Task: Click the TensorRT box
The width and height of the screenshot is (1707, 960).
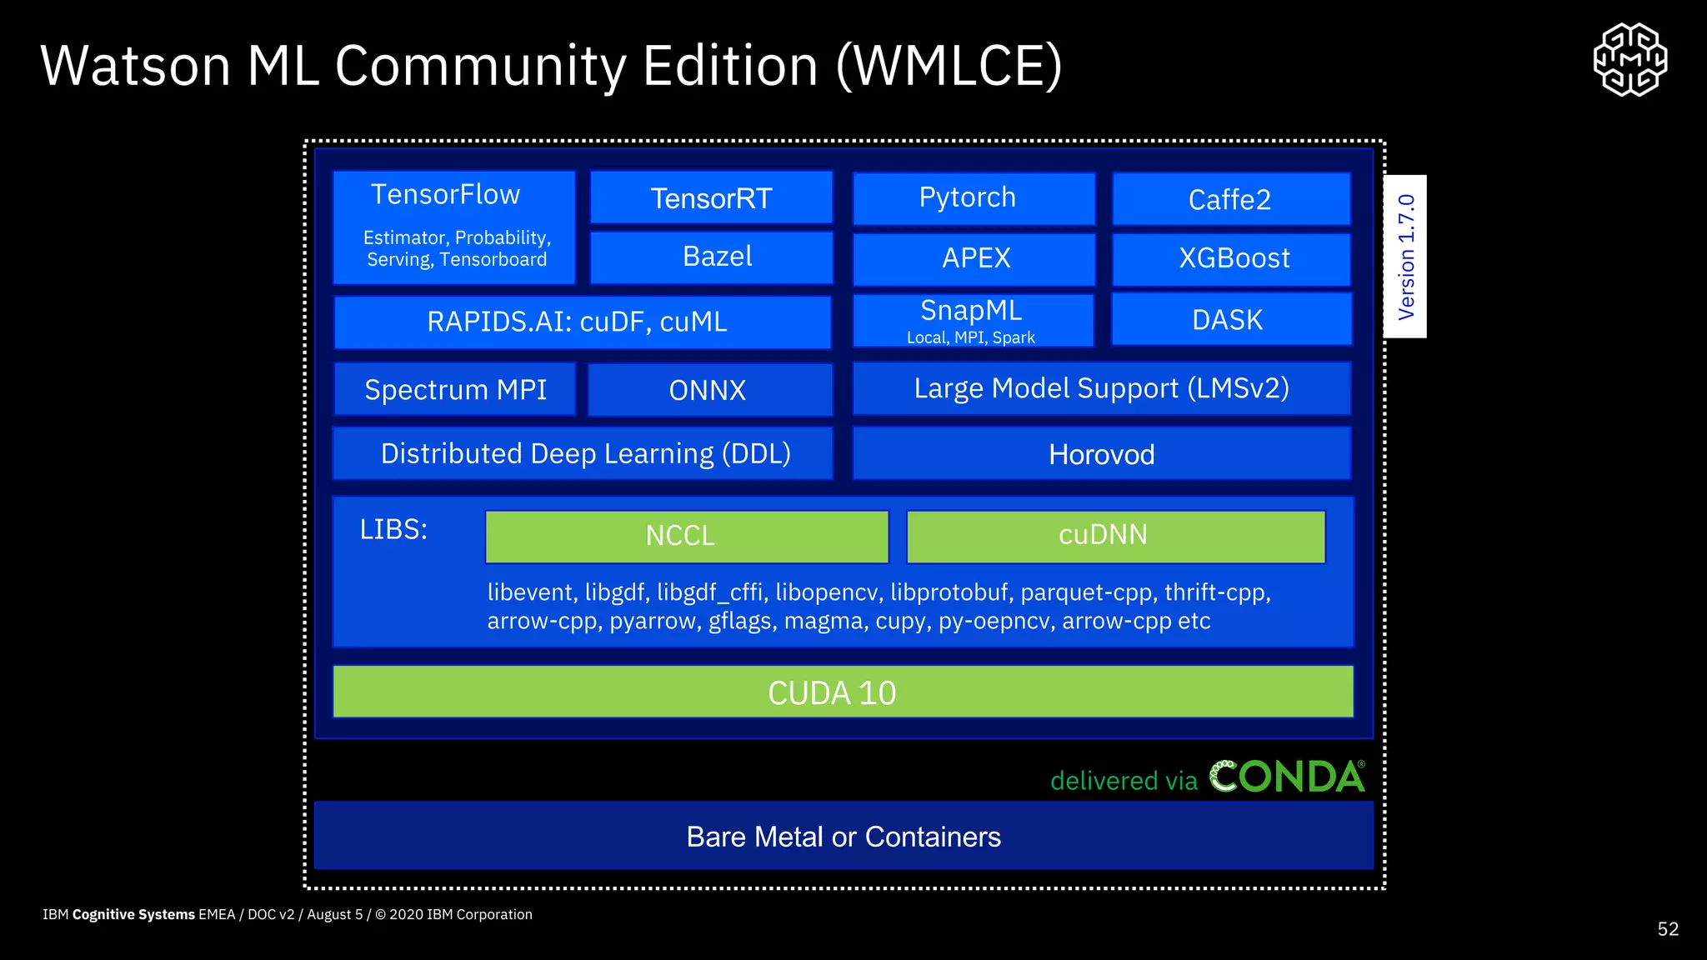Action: [x=711, y=198]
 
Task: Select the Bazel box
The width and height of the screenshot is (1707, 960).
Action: [x=711, y=257]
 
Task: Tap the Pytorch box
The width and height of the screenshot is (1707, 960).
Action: [x=973, y=198]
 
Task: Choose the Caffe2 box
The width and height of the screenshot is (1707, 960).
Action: [x=1230, y=199]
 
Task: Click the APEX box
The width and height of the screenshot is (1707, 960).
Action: [x=973, y=258]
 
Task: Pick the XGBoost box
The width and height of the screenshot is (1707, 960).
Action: [x=1230, y=258]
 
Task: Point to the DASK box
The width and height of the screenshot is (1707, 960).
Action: [x=1230, y=319]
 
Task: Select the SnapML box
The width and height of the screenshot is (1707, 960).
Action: [x=972, y=320]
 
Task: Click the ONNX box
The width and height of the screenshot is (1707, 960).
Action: [x=709, y=389]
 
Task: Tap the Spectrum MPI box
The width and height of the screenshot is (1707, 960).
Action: [x=455, y=389]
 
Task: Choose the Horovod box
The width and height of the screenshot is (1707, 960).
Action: [x=1101, y=454]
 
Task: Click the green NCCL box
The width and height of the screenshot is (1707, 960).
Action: [x=686, y=536]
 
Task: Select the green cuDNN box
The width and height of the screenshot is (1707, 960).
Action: [x=1115, y=536]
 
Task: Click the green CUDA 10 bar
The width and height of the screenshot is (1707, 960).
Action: [x=842, y=692]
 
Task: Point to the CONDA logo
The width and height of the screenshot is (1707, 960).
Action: [x=1287, y=777]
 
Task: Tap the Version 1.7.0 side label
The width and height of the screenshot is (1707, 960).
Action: [x=1405, y=257]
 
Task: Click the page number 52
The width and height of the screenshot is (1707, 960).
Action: [x=1667, y=929]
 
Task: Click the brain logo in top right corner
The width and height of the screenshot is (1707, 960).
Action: [x=1629, y=60]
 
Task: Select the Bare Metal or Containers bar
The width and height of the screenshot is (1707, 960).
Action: [x=843, y=836]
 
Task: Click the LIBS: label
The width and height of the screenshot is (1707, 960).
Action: [x=393, y=530]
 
